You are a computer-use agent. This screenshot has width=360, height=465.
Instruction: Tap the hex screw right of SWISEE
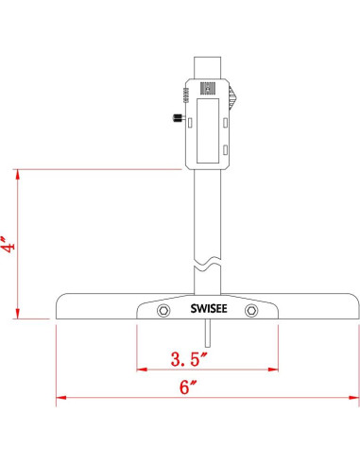point(251,311)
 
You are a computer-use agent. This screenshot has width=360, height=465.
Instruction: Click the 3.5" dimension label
point(189,359)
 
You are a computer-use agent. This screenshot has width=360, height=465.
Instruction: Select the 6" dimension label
point(187,388)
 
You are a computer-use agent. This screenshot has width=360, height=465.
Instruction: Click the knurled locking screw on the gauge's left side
point(177,118)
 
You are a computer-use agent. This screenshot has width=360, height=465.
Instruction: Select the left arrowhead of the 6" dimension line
point(60,399)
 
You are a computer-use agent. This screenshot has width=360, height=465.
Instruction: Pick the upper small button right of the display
point(227,120)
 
